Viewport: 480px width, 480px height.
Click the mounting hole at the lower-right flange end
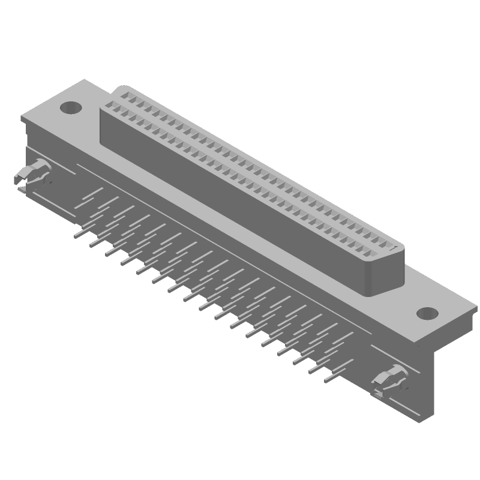coord(427,313)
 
